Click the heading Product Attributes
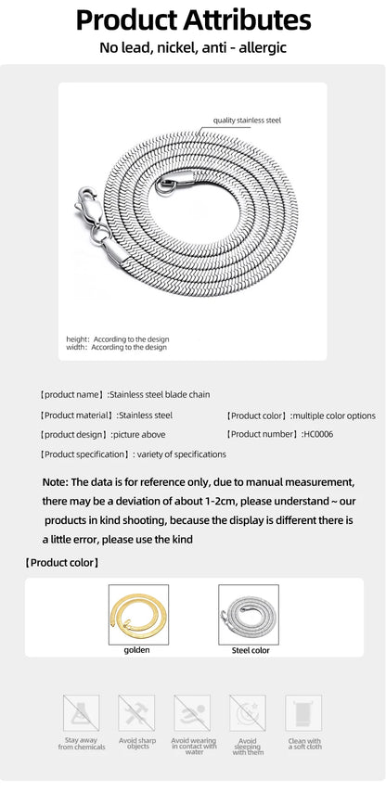point(193,19)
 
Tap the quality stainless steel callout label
point(247,121)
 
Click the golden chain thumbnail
point(138,614)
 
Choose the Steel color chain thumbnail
point(249,614)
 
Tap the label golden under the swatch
point(137,650)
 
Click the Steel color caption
point(250,651)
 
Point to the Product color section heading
point(62,563)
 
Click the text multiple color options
point(333,415)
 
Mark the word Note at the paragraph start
point(54,482)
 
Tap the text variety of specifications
point(182,454)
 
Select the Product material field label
point(77,415)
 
